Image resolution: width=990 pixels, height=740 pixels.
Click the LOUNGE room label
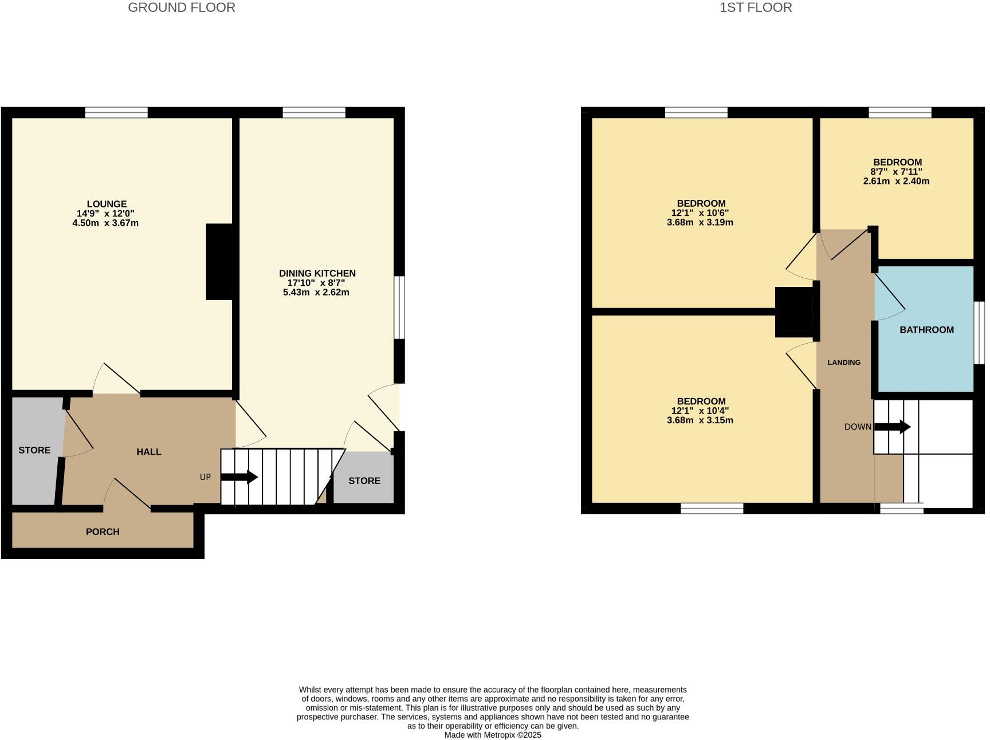[x=107, y=204]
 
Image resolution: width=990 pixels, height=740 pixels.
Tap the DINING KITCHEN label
[x=317, y=273]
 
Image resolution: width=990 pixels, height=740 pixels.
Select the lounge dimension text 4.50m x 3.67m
[x=105, y=223]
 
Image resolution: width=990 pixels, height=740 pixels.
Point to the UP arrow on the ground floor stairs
[x=239, y=477]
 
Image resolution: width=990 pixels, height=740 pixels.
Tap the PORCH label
[x=103, y=532]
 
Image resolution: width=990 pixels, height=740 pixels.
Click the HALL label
[x=148, y=452]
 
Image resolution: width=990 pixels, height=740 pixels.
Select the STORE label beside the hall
[x=34, y=450]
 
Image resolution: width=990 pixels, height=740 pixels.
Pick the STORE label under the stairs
[x=364, y=481]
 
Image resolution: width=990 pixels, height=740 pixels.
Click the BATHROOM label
[x=926, y=329]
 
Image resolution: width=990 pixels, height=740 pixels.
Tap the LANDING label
[x=844, y=362]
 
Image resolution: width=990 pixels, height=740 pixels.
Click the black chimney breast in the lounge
[x=219, y=262]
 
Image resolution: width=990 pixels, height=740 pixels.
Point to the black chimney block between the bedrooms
[x=793, y=312]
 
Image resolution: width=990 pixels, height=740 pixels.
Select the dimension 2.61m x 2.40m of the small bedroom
[x=896, y=181]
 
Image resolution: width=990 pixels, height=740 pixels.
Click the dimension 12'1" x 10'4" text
[x=700, y=411]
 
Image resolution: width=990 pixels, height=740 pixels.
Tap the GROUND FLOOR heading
[x=181, y=7]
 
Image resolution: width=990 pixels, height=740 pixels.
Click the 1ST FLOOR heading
[x=756, y=7]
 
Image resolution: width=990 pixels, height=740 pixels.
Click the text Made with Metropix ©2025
[x=493, y=735]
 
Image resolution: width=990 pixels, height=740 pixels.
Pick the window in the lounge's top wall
[x=116, y=112]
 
